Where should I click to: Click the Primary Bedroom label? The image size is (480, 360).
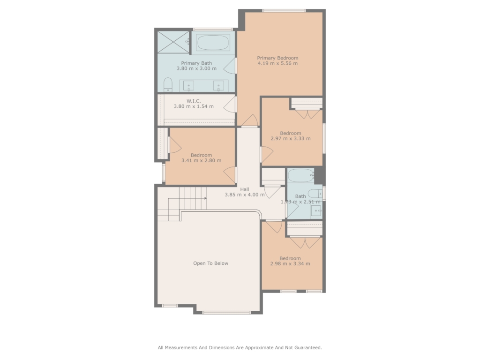(x=277, y=58)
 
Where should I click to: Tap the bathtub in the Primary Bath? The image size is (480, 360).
(x=213, y=43)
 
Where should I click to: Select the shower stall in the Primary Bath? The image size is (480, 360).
(x=173, y=42)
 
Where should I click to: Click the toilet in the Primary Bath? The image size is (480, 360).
(x=168, y=85)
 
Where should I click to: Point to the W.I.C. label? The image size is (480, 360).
(x=194, y=101)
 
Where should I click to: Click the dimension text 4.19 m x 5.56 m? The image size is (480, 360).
(x=277, y=63)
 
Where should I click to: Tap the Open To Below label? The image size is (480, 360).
(x=210, y=263)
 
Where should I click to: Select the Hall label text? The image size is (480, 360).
(x=245, y=189)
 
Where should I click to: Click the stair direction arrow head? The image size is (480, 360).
(x=205, y=198)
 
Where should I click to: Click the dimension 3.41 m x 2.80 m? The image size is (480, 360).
(x=202, y=160)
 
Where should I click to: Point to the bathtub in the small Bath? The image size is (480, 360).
(x=300, y=176)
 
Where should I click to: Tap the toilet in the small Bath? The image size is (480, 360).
(x=315, y=194)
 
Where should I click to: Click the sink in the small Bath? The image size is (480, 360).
(x=316, y=210)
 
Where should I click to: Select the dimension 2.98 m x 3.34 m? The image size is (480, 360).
(x=290, y=263)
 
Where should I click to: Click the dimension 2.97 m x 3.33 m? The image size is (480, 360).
(x=291, y=138)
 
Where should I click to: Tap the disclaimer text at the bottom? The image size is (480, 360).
(x=240, y=347)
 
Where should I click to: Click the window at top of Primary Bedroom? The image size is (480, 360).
(x=284, y=11)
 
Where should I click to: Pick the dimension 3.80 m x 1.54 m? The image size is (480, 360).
(x=194, y=106)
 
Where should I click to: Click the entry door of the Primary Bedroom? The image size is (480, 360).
(x=250, y=120)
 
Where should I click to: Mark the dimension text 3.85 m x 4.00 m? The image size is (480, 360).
(x=245, y=195)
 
